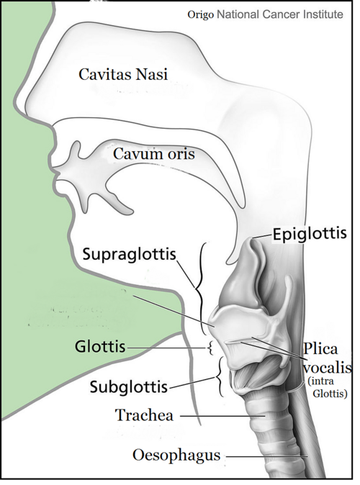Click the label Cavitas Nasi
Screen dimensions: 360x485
(x=123, y=75)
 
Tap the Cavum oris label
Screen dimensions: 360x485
(x=153, y=154)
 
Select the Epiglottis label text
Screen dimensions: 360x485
(x=310, y=234)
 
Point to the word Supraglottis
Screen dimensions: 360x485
(x=129, y=255)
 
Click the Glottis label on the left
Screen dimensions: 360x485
(x=100, y=347)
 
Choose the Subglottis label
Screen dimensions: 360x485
(x=128, y=386)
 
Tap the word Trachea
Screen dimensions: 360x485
(x=144, y=415)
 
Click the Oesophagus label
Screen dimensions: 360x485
(x=176, y=455)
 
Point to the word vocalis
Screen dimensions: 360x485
(x=327, y=368)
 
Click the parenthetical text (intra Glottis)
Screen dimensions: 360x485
(x=328, y=387)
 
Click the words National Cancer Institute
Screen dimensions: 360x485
(x=280, y=14)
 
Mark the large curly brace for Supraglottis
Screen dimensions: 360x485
(x=200, y=289)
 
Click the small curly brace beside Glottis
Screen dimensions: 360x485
(x=210, y=348)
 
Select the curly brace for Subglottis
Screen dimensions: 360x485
(x=220, y=377)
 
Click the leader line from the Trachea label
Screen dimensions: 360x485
(x=222, y=416)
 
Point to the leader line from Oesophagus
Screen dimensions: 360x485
(x=267, y=456)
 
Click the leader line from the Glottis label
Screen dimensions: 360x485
(x=166, y=348)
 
